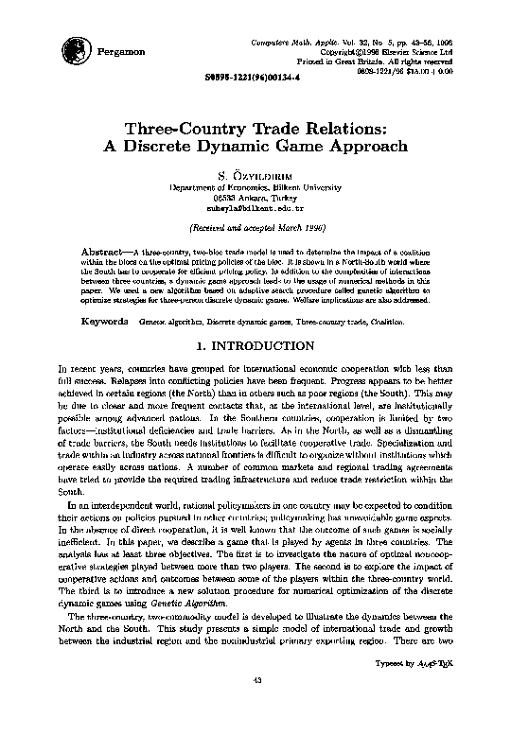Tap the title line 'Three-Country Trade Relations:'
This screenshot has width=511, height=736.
pos(255,128)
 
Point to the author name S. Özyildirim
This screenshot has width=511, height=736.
pos(255,175)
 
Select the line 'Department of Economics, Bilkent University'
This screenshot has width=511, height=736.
pos(255,187)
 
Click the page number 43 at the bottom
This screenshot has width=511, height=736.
pos(255,705)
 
